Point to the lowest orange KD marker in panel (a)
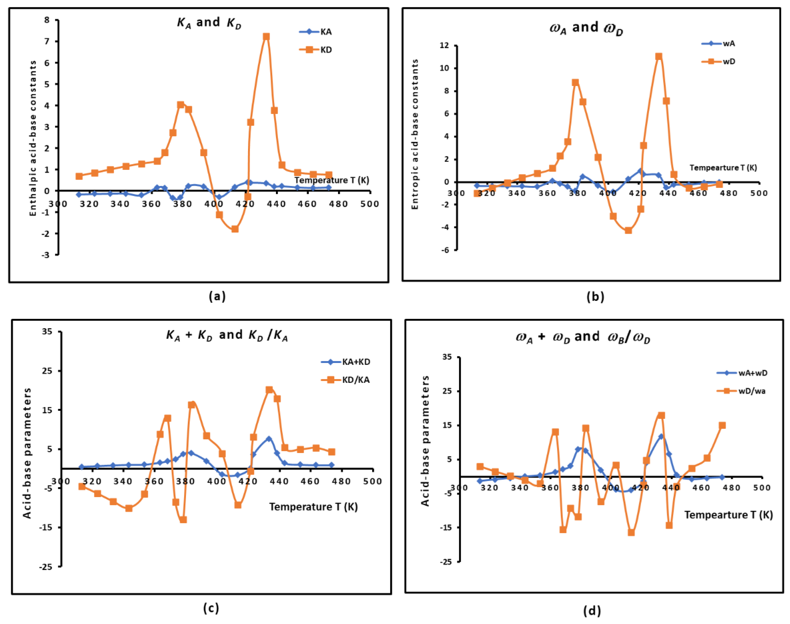point(235,229)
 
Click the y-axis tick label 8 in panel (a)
point(47,20)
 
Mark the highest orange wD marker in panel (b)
point(659,56)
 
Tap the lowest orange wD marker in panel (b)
point(628,230)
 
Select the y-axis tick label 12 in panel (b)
point(444,45)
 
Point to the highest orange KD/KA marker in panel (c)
point(269,390)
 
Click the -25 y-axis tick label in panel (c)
point(46,567)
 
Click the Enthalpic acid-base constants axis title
point(33,138)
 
